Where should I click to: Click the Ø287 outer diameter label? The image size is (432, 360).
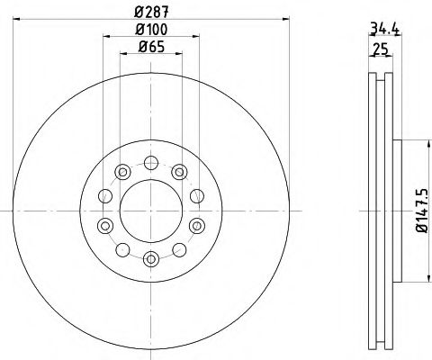pos(150,13)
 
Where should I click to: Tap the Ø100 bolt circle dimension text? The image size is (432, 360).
pos(150,33)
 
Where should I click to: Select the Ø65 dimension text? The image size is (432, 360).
pos(150,53)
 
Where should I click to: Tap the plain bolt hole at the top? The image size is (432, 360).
pos(150,164)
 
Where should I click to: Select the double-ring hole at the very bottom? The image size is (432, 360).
pos(150,259)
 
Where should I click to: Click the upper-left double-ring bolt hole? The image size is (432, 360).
pos(122,171)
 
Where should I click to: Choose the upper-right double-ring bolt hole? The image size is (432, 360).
pos(178,171)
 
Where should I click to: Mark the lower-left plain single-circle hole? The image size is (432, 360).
pos(122,249)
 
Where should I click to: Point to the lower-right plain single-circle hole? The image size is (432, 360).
pos(178,249)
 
